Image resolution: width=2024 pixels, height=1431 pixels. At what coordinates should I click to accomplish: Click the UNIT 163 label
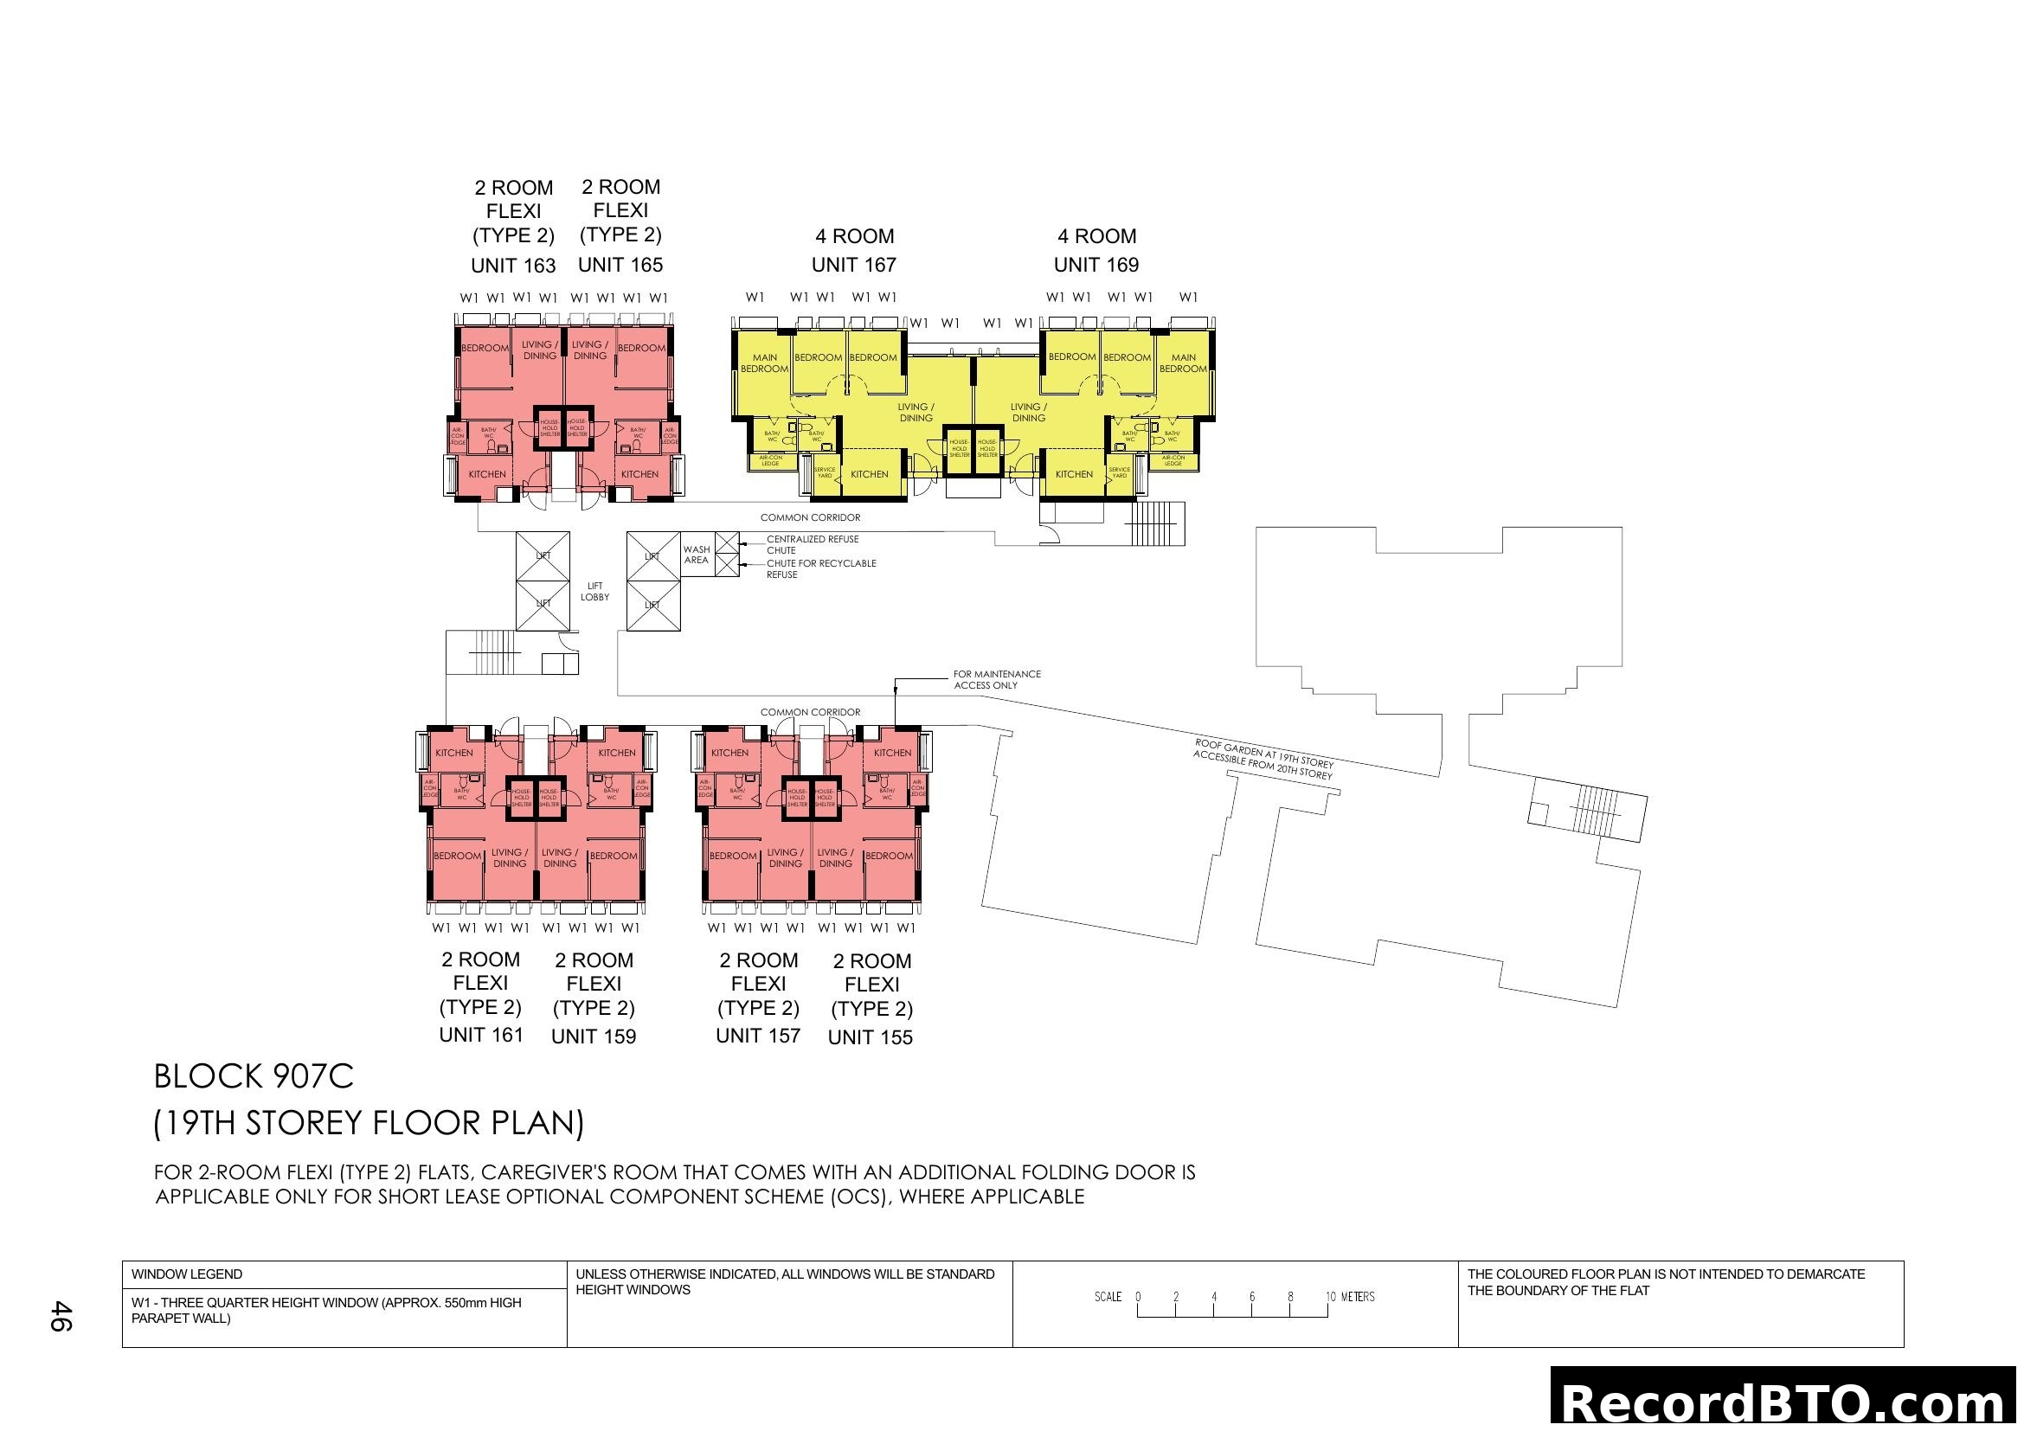coord(513,266)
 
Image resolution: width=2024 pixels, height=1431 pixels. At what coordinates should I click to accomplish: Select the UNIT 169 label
coord(1096,265)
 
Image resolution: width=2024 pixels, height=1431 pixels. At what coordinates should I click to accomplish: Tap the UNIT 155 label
coord(870,1037)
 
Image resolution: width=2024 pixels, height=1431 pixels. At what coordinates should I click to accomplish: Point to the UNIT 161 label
coord(480,1035)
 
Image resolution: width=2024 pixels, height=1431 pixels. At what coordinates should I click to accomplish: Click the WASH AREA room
coord(697,555)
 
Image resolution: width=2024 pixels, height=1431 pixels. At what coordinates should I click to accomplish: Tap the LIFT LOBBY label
coord(595,591)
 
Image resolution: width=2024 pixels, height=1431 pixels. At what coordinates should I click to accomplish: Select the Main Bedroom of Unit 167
coord(764,363)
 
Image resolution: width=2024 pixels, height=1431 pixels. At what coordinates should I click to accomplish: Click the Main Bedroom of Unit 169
coord(1183,363)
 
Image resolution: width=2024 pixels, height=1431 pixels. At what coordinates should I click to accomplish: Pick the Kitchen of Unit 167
coord(869,474)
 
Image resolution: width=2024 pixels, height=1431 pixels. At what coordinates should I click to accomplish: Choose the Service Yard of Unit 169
coord(1120,472)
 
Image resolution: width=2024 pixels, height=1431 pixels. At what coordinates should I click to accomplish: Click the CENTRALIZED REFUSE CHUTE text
coord(812,544)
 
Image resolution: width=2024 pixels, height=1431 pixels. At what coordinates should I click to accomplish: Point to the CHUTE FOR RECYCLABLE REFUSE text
coord(820,568)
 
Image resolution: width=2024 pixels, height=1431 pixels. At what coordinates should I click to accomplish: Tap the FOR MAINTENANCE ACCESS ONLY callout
coord(996,679)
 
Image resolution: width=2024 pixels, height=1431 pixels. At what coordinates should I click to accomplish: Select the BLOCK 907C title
coord(254,1077)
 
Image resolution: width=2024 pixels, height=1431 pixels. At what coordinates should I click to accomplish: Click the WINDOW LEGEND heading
coord(187,1274)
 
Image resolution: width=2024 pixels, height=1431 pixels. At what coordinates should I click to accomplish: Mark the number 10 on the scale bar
coord(1330,1296)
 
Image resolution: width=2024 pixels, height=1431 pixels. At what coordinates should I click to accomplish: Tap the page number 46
coord(60,1316)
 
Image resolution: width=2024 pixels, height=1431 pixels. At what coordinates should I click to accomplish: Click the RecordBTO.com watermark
coord(1786,1401)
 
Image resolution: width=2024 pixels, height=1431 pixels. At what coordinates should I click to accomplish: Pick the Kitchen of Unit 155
coord(892,753)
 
